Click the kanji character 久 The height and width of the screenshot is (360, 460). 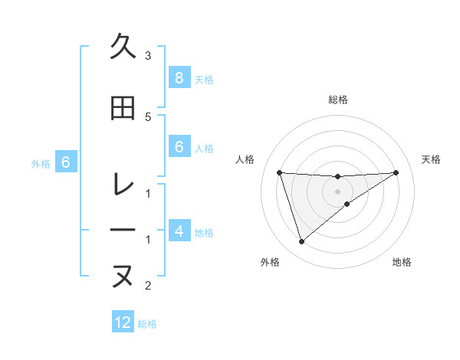[123, 47]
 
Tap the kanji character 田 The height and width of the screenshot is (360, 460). [123, 110]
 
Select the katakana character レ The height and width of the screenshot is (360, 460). [123, 185]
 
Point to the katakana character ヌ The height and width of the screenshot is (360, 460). [123, 276]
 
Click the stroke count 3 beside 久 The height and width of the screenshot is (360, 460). [148, 56]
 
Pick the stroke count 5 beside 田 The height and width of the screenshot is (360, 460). [148, 116]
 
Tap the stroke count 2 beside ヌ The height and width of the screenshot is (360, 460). [148, 286]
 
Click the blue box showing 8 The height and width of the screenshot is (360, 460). [179, 78]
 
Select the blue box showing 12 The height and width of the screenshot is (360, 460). [123, 322]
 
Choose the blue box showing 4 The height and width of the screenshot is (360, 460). [179, 231]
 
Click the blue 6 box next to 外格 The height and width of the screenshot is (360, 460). [66, 162]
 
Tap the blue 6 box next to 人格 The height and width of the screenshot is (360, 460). [179, 147]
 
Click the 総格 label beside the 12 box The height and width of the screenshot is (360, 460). [147, 324]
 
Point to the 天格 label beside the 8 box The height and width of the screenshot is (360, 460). [204, 80]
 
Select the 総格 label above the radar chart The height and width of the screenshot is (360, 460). [338, 100]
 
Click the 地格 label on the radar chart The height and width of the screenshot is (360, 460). [402, 262]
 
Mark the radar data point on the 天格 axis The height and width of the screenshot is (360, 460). [396, 172]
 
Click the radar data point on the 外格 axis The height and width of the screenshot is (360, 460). [301, 242]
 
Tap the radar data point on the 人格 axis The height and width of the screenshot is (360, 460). [280, 172]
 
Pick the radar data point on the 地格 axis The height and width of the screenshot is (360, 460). [347, 204]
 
